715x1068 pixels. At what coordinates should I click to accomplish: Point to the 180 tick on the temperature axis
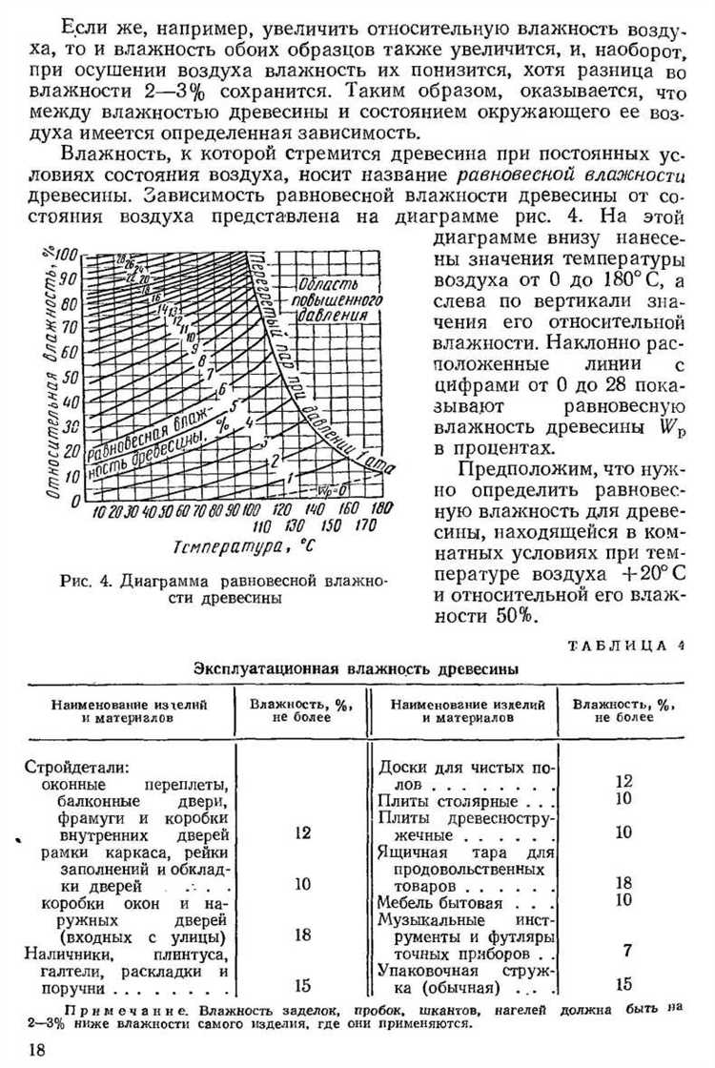click(x=383, y=510)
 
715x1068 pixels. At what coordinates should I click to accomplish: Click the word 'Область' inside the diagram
click(x=326, y=284)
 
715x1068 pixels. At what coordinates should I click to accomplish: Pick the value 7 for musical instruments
click(x=626, y=951)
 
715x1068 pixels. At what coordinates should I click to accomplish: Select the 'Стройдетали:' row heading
click(x=75, y=766)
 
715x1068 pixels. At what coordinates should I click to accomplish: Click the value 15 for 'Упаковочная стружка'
click(x=624, y=985)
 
